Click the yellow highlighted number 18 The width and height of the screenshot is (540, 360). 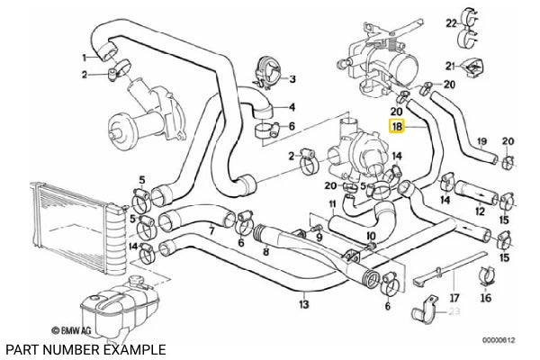397,129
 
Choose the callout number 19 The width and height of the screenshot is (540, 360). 481,141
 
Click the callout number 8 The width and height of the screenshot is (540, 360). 265,253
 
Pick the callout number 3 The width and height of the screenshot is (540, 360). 292,80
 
